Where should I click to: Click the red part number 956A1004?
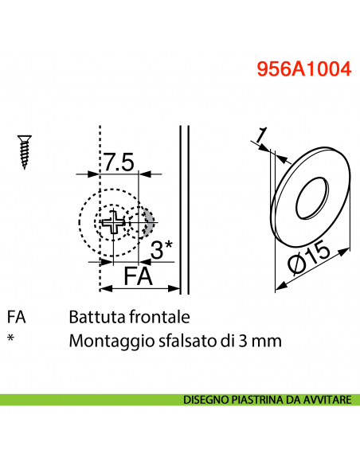[303, 69]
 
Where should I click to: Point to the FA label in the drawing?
[139, 276]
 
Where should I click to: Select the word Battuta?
[96, 317]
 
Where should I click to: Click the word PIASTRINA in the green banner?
[256, 400]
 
